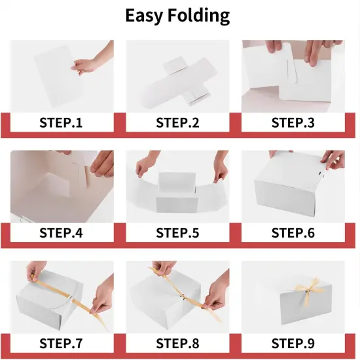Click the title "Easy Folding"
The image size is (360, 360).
click(x=177, y=16)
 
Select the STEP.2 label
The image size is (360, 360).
click(x=178, y=122)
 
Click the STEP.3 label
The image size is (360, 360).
click(x=293, y=122)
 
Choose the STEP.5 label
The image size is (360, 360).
click(x=178, y=232)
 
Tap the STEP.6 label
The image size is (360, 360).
click(x=293, y=232)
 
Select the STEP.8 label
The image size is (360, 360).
click(x=178, y=343)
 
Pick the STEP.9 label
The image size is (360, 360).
click(x=293, y=343)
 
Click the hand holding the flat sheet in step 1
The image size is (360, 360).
click(x=92, y=63)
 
